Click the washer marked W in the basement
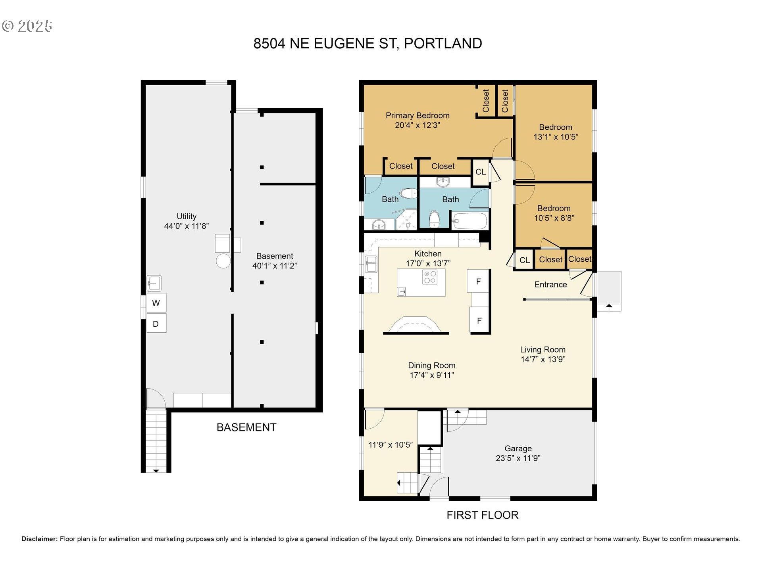click(156, 303)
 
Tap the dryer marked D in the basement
click(156, 323)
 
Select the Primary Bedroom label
click(418, 115)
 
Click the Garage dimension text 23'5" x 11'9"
click(518, 458)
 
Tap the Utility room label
click(187, 216)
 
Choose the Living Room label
click(543, 349)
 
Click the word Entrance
click(550, 284)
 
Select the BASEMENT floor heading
click(246, 427)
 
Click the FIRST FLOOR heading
click(483, 515)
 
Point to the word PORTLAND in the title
click(443, 43)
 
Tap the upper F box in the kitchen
click(478, 281)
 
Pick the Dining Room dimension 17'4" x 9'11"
click(432, 375)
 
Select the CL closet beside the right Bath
click(481, 172)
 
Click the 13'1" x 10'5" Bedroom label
click(556, 132)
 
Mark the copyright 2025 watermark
click(27, 26)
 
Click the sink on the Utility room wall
click(154, 283)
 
